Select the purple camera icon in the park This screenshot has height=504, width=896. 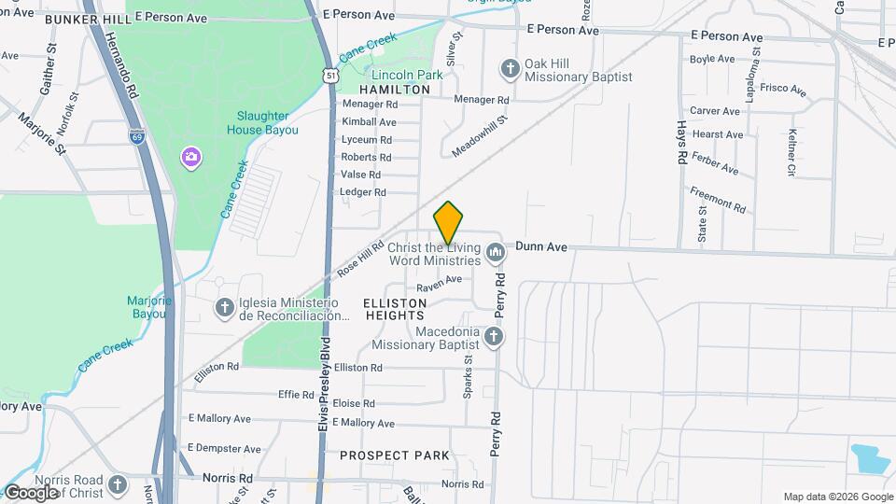[191, 156]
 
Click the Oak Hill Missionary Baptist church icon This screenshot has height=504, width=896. [510, 67]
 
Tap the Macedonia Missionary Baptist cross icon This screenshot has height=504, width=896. [494, 336]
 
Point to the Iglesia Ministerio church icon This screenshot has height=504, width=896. [224, 307]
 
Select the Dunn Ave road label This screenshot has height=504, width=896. [541, 247]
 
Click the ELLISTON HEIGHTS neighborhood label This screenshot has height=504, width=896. [396, 310]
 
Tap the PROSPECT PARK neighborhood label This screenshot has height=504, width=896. [394, 455]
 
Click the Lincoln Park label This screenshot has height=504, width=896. [407, 75]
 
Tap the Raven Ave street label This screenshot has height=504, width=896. [440, 281]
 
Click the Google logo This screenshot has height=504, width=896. [31, 492]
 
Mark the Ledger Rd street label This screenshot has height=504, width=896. [363, 192]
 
